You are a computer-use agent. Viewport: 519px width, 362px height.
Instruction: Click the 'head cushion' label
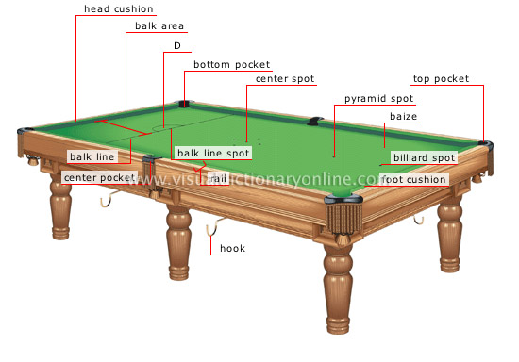pos(119,9)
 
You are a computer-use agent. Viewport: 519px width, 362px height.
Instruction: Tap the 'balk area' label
pos(158,25)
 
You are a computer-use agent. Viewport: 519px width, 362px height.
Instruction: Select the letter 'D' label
pos(176,45)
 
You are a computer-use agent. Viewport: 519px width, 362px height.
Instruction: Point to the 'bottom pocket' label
pos(231,64)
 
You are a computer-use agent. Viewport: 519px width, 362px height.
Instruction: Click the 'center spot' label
pos(284,80)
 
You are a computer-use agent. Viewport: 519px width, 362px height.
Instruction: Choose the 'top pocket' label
pos(441,79)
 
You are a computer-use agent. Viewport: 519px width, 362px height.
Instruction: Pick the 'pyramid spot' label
pos(378,98)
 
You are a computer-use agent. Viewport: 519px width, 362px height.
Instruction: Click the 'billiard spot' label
pos(424,157)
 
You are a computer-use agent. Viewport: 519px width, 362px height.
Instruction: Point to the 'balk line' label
pos(92,156)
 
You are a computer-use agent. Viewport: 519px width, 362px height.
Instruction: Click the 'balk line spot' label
pos(213,152)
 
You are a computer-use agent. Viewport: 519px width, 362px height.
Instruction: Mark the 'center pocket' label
pos(99,177)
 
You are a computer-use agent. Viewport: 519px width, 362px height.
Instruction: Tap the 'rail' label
pos(219,177)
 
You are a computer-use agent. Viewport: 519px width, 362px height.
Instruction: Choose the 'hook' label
pos(232,249)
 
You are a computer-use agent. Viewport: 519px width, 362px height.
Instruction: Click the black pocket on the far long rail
pos(314,121)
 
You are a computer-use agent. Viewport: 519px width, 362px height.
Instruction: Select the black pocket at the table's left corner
pos(25,129)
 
